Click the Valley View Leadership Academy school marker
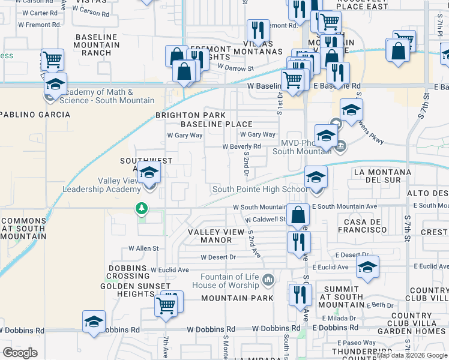click(x=148, y=173)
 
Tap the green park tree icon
click(x=142, y=209)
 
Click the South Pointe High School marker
click(x=316, y=178)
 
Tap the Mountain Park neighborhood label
click(x=237, y=298)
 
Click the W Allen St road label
click(x=143, y=248)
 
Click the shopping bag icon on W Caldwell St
click(x=298, y=214)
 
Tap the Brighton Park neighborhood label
click(x=190, y=115)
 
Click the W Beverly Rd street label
click(x=241, y=146)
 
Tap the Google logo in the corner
click(x=20, y=353)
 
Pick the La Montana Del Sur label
click(x=383, y=176)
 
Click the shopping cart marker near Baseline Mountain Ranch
click(x=53, y=59)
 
